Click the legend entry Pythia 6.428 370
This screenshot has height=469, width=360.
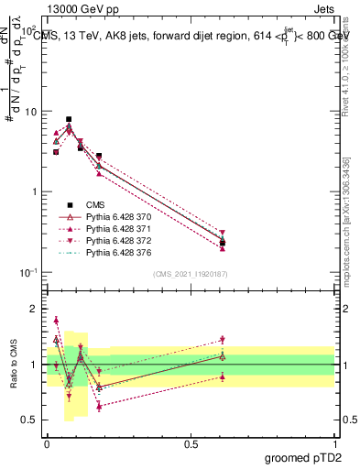(x=114, y=216)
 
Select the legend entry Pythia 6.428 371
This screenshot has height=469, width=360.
(x=114, y=228)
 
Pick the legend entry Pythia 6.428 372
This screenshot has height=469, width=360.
(x=114, y=240)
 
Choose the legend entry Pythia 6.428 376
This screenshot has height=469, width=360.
(x=114, y=252)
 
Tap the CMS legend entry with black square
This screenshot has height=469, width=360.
(x=95, y=204)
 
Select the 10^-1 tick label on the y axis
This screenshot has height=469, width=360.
(x=27, y=272)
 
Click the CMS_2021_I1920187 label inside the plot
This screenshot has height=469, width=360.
(x=191, y=273)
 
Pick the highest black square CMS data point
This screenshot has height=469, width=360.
(x=69, y=119)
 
